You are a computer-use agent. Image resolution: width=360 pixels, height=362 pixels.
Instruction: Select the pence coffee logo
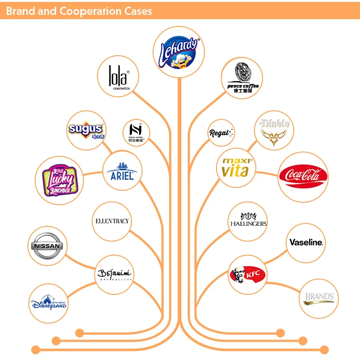tap(243, 78)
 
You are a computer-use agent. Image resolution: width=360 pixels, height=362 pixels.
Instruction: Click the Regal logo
tap(220, 133)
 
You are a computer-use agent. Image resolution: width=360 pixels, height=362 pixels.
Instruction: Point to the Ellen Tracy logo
tap(112, 221)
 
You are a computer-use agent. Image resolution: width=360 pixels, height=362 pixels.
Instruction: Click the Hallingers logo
tap(248, 222)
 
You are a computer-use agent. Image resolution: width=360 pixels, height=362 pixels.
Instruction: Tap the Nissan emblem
tap(47, 245)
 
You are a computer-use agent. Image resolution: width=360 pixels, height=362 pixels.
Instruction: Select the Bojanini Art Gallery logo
tap(114, 274)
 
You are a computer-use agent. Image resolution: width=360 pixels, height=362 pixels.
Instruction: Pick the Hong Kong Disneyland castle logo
tap(48, 303)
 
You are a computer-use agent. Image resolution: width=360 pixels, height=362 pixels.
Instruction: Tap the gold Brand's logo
tap(320, 298)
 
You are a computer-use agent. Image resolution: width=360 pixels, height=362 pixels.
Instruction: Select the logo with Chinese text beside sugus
tap(136, 133)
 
